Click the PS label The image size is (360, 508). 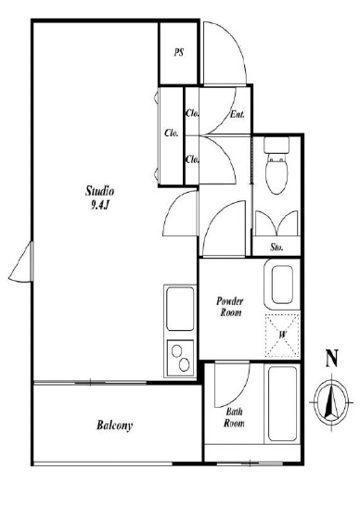tap(179, 52)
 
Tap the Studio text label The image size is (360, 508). tap(99, 191)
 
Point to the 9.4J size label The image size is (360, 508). tap(99, 205)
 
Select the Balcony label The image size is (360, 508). tap(115, 425)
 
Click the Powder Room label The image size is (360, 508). tap(230, 307)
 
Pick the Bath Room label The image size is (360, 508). tap(234, 417)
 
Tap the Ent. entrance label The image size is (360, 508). tap(238, 114)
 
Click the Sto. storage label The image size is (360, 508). tap(276, 248)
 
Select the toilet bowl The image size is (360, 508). tap(276, 174)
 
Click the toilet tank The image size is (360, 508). tap(276, 146)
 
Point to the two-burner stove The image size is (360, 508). tap(180, 358)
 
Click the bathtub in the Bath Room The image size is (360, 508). tap(282, 403)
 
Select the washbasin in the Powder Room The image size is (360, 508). tap(282, 285)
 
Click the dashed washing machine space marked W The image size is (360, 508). tap(282, 335)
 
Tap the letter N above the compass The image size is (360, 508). tap(332, 358)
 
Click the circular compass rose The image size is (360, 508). tap(331, 402)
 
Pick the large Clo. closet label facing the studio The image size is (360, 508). tap(171, 133)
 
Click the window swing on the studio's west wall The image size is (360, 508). tap(20, 262)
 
